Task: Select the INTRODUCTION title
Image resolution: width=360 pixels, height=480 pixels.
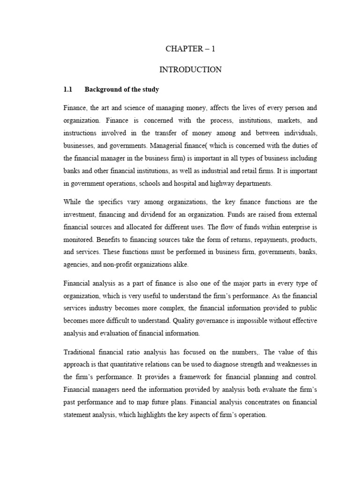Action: pos(190,69)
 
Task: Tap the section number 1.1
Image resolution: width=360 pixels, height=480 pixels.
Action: pos(68,89)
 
